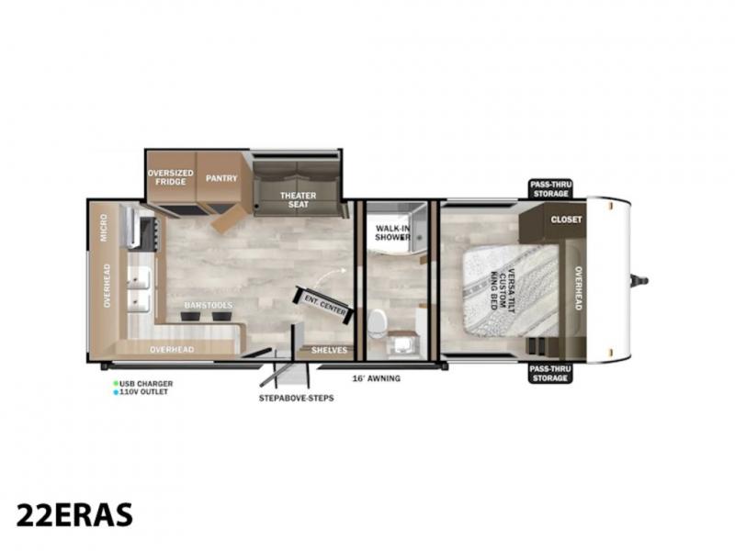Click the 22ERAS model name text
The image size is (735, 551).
click(74, 515)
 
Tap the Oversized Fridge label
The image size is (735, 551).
click(171, 177)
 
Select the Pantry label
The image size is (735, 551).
click(221, 178)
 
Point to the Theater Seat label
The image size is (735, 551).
click(298, 199)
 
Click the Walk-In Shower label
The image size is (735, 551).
click(393, 233)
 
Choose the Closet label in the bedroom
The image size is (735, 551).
click(566, 219)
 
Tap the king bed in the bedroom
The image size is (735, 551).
click(511, 290)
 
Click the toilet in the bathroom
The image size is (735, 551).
click(377, 323)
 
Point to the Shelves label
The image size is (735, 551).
click(329, 350)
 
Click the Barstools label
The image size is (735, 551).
click(209, 306)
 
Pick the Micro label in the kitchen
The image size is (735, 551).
click(104, 228)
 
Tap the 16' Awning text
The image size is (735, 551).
click(377, 378)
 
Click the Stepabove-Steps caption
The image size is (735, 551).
click(296, 398)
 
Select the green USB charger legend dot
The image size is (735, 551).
click(116, 383)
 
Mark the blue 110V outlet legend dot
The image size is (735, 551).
click(116, 392)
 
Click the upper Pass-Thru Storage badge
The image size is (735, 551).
click(550, 189)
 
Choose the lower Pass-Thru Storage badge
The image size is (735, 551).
click(550, 374)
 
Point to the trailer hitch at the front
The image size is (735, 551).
click(639, 281)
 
